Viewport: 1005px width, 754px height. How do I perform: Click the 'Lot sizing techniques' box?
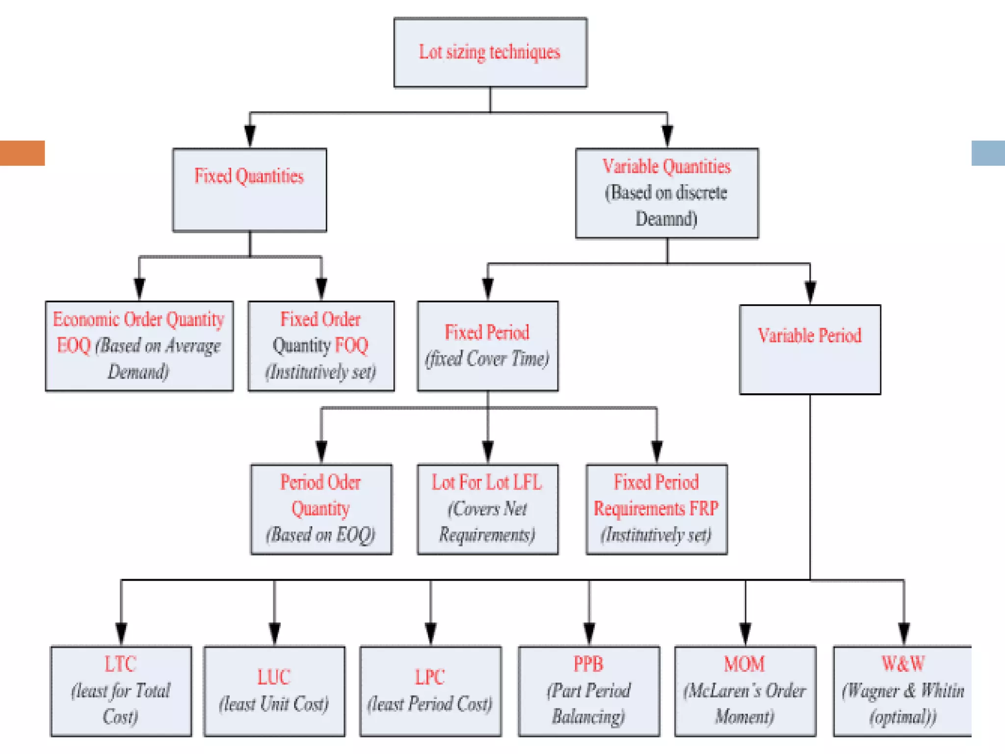point(490,53)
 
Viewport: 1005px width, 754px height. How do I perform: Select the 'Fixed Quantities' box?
point(249,190)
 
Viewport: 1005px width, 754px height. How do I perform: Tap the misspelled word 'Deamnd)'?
point(666,219)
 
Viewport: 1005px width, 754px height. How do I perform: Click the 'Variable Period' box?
point(810,350)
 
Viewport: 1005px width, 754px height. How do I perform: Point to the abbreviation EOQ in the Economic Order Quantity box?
point(74,346)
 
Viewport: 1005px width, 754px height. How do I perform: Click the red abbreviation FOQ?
point(351,346)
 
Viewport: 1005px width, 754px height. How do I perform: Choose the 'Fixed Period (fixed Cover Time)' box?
point(487,346)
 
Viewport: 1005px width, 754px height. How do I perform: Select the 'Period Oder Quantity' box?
point(321,509)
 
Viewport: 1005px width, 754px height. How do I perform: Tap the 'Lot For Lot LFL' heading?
point(486,483)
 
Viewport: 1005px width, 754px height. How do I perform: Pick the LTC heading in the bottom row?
point(120,664)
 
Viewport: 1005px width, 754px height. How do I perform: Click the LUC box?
point(274,691)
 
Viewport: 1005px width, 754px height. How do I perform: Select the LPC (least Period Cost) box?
point(430,691)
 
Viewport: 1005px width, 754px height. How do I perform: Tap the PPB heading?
point(588,664)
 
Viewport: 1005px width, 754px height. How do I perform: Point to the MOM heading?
point(744,664)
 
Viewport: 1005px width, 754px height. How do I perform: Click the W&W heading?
point(902,664)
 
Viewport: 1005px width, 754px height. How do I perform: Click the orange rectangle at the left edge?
point(22,153)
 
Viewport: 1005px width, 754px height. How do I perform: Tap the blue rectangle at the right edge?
point(988,153)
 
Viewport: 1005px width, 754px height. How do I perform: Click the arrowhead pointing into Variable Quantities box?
point(667,136)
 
